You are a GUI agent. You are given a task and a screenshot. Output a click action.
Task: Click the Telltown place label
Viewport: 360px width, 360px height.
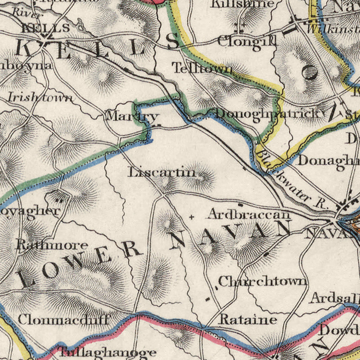click(x=202, y=68)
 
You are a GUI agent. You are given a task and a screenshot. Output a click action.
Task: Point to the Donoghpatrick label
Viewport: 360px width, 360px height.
click(x=268, y=113)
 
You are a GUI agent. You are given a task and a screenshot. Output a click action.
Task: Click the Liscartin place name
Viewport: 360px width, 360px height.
click(x=162, y=172)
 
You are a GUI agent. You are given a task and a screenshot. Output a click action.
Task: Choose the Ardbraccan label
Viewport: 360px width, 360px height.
click(x=249, y=215)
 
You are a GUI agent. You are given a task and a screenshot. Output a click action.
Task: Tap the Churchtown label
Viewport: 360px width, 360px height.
click(x=263, y=281)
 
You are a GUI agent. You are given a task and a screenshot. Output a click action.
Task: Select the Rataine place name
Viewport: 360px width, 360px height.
click(x=248, y=319)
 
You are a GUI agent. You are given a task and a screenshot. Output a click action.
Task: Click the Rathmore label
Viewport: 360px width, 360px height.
click(x=52, y=245)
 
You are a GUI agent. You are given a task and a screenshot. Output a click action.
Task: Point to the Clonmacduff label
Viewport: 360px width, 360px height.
click(x=63, y=319)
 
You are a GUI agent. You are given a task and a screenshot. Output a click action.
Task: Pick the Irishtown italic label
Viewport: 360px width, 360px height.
click(x=40, y=98)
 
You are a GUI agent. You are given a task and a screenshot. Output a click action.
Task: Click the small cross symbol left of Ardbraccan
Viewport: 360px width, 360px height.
click(x=192, y=217)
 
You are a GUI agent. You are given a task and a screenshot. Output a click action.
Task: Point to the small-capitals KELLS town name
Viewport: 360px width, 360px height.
click(x=45, y=28)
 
